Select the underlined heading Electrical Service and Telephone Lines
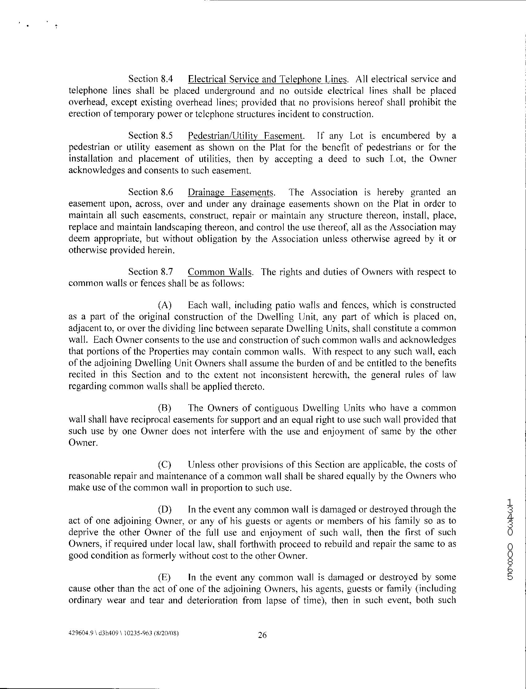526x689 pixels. pyautogui.click(x=267, y=79)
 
